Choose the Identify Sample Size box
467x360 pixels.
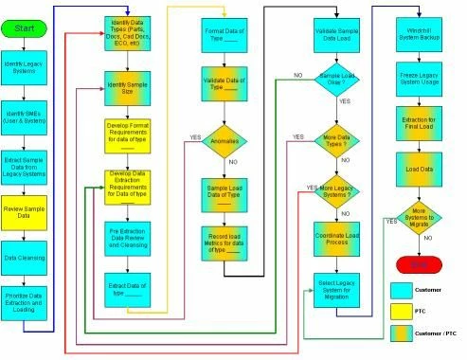click(x=129, y=91)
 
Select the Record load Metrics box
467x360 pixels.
click(x=224, y=242)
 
